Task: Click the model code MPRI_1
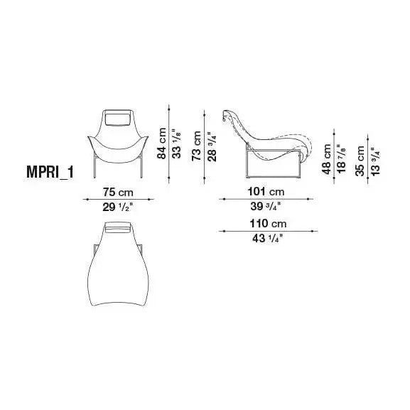(50, 172)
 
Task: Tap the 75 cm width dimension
(118, 192)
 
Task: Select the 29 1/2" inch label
(118, 207)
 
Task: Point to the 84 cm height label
(161, 144)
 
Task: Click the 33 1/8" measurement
(177, 144)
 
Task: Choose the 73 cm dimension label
(196, 146)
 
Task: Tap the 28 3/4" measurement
(212, 146)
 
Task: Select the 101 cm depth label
(266, 192)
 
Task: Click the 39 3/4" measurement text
(266, 206)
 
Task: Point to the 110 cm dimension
(268, 224)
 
